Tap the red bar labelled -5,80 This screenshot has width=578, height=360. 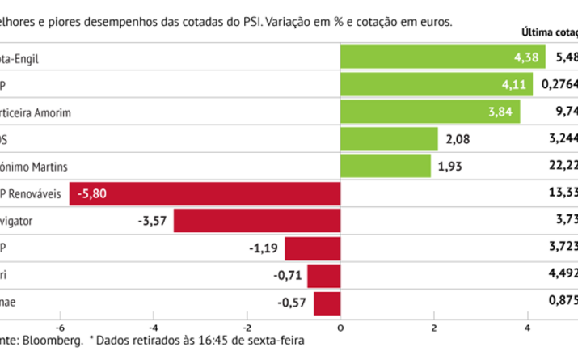point(205,194)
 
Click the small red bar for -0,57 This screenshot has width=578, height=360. point(327,303)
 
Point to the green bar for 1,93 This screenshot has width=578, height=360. point(385,167)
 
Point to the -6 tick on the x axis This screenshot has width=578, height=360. point(59,327)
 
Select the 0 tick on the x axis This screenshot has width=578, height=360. point(340,327)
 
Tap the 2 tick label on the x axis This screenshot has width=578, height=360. point(434,327)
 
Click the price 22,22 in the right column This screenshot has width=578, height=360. point(563,167)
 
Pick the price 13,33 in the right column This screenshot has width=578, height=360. point(563,194)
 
